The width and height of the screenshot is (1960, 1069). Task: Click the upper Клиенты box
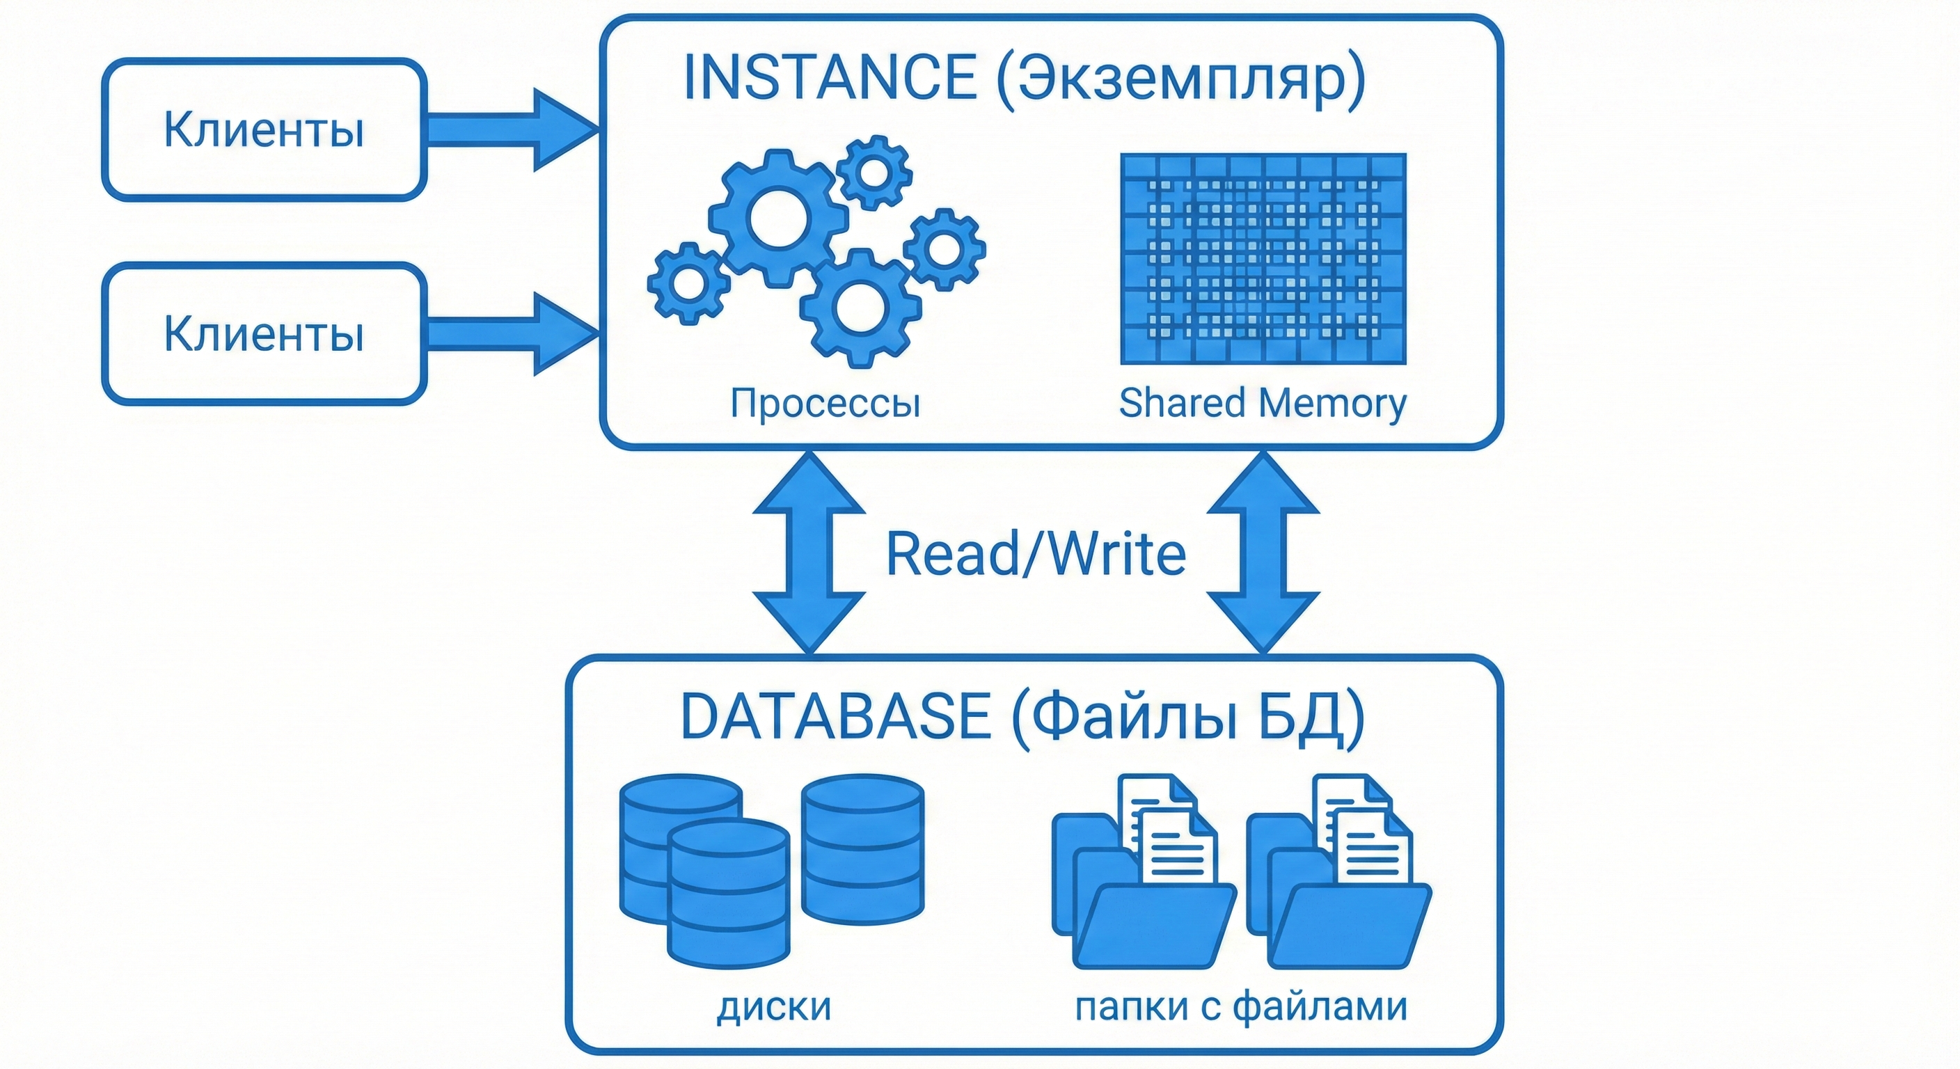pos(264,129)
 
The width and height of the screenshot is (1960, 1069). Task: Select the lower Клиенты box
pos(264,333)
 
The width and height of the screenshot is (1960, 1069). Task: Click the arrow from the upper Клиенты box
pos(509,129)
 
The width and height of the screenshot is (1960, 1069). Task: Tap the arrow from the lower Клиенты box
pos(509,333)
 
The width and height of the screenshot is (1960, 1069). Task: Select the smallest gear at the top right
pos(874,172)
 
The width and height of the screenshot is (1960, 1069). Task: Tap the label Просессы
pos(825,402)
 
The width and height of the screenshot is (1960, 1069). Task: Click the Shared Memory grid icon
pos(1263,259)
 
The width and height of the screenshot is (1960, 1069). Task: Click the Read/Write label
pos(1036,553)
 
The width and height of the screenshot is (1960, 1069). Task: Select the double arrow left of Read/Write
pos(809,553)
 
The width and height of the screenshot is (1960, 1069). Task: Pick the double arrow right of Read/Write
pos(1263,553)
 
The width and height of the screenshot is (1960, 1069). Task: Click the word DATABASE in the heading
pos(835,716)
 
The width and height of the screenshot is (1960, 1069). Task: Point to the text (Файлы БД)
pos(1187,718)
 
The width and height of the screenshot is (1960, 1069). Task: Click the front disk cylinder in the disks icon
pos(728,892)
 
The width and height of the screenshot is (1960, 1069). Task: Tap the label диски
pos(774,1006)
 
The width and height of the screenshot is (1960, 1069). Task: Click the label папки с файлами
pos(1241,1006)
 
